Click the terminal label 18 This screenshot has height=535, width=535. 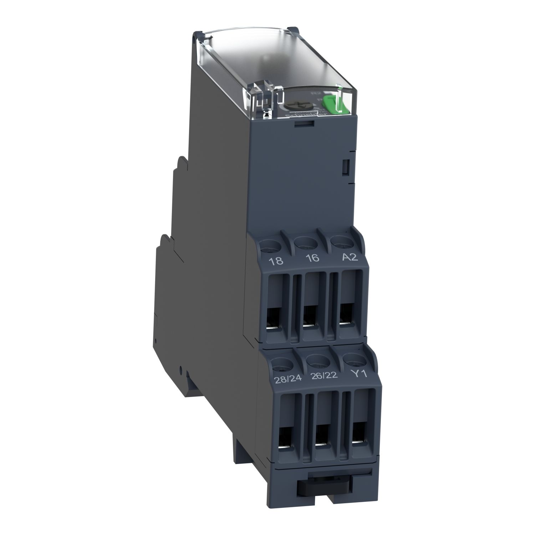pos(277,261)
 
